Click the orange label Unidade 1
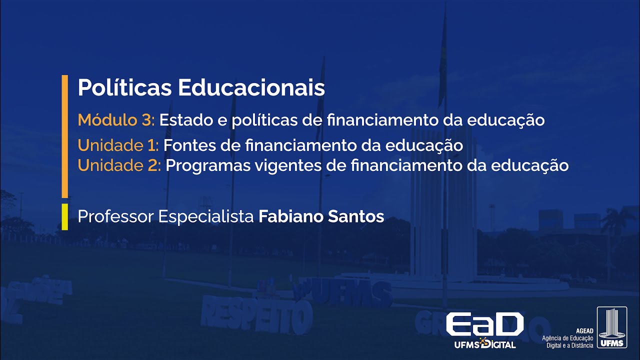[118, 146]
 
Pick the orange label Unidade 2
[119, 165]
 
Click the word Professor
[115, 216]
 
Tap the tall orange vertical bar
[64, 136]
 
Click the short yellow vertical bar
[64, 216]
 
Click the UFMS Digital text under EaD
[484, 344]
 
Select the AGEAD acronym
[584, 331]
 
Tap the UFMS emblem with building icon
[611, 327]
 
